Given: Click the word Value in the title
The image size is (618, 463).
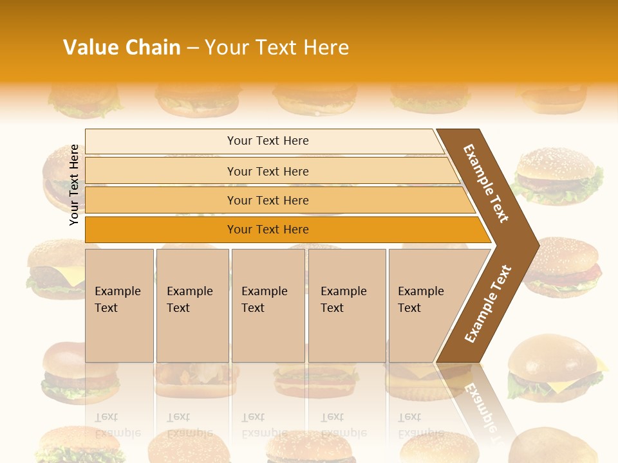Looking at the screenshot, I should tap(90, 48).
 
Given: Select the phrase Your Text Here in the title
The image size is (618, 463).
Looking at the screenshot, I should tap(277, 48).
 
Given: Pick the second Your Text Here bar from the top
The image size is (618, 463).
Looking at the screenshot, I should tap(268, 171).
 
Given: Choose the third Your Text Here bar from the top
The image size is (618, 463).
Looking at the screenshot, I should tap(268, 200).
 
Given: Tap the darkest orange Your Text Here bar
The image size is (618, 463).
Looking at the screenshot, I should tap(268, 230).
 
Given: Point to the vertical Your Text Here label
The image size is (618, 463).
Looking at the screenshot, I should tap(74, 185).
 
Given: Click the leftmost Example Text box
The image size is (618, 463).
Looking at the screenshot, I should tap(119, 305).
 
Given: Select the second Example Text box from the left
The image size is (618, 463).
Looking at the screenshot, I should tap(192, 305).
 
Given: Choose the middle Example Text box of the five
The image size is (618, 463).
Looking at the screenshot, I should tap(268, 305).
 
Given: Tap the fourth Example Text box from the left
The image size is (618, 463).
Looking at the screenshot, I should tap(346, 305).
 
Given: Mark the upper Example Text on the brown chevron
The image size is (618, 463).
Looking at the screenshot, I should tap(486, 183).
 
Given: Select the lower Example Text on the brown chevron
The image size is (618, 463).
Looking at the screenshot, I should tap(488, 304).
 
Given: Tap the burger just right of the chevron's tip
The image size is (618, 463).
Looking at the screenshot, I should tap(565, 267).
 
